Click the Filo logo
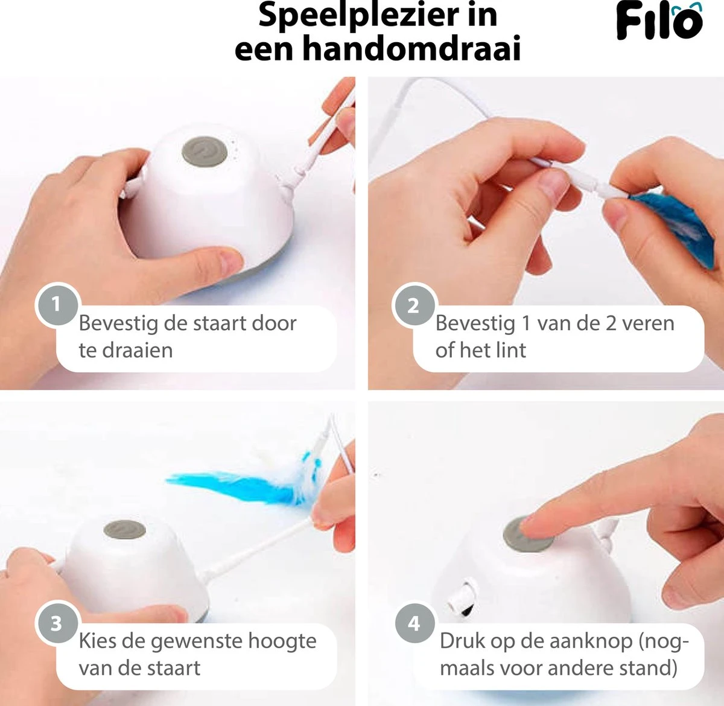pyautogui.click(x=659, y=21)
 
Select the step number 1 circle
pyautogui.click(x=56, y=304)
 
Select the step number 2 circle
pyautogui.click(x=413, y=305)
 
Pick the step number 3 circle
pyautogui.click(x=56, y=623)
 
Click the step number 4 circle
pyautogui.click(x=414, y=623)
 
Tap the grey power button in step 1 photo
pyautogui.click(x=205, y=151)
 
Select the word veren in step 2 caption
pyautogui.click(x=648, y=323)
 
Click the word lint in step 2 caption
pyautogui.click(x=512, y=350)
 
